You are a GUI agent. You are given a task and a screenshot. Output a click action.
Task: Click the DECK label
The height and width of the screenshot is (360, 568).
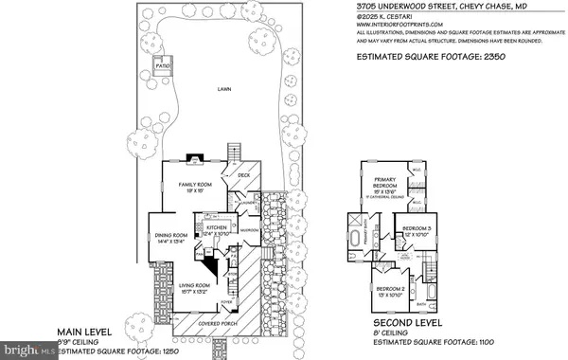[242, 175]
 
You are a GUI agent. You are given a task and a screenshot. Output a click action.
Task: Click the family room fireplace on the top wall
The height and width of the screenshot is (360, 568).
[196, 158]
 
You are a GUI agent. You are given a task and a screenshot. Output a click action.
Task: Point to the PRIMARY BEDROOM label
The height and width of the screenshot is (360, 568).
[382, 188]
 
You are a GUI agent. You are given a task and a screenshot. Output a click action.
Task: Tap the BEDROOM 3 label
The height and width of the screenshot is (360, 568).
[416, 229]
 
